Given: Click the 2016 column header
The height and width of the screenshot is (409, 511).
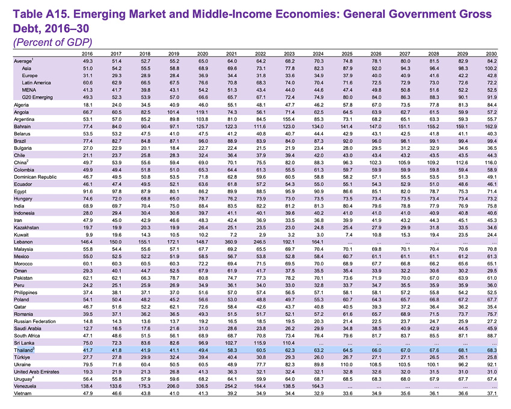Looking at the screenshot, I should pyautogui.click(x=87, y=54).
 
